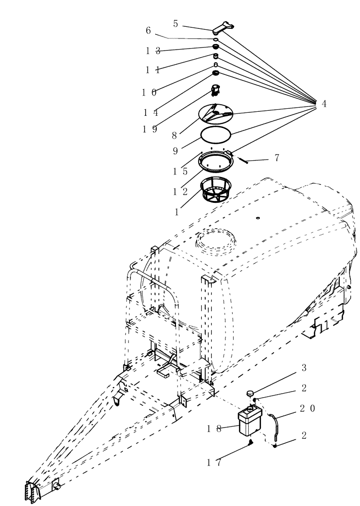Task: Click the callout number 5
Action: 175,23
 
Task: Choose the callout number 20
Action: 308,408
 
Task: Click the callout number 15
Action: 181,171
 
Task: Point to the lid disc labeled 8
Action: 216,114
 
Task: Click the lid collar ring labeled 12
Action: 216,163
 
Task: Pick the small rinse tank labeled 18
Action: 249,421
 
